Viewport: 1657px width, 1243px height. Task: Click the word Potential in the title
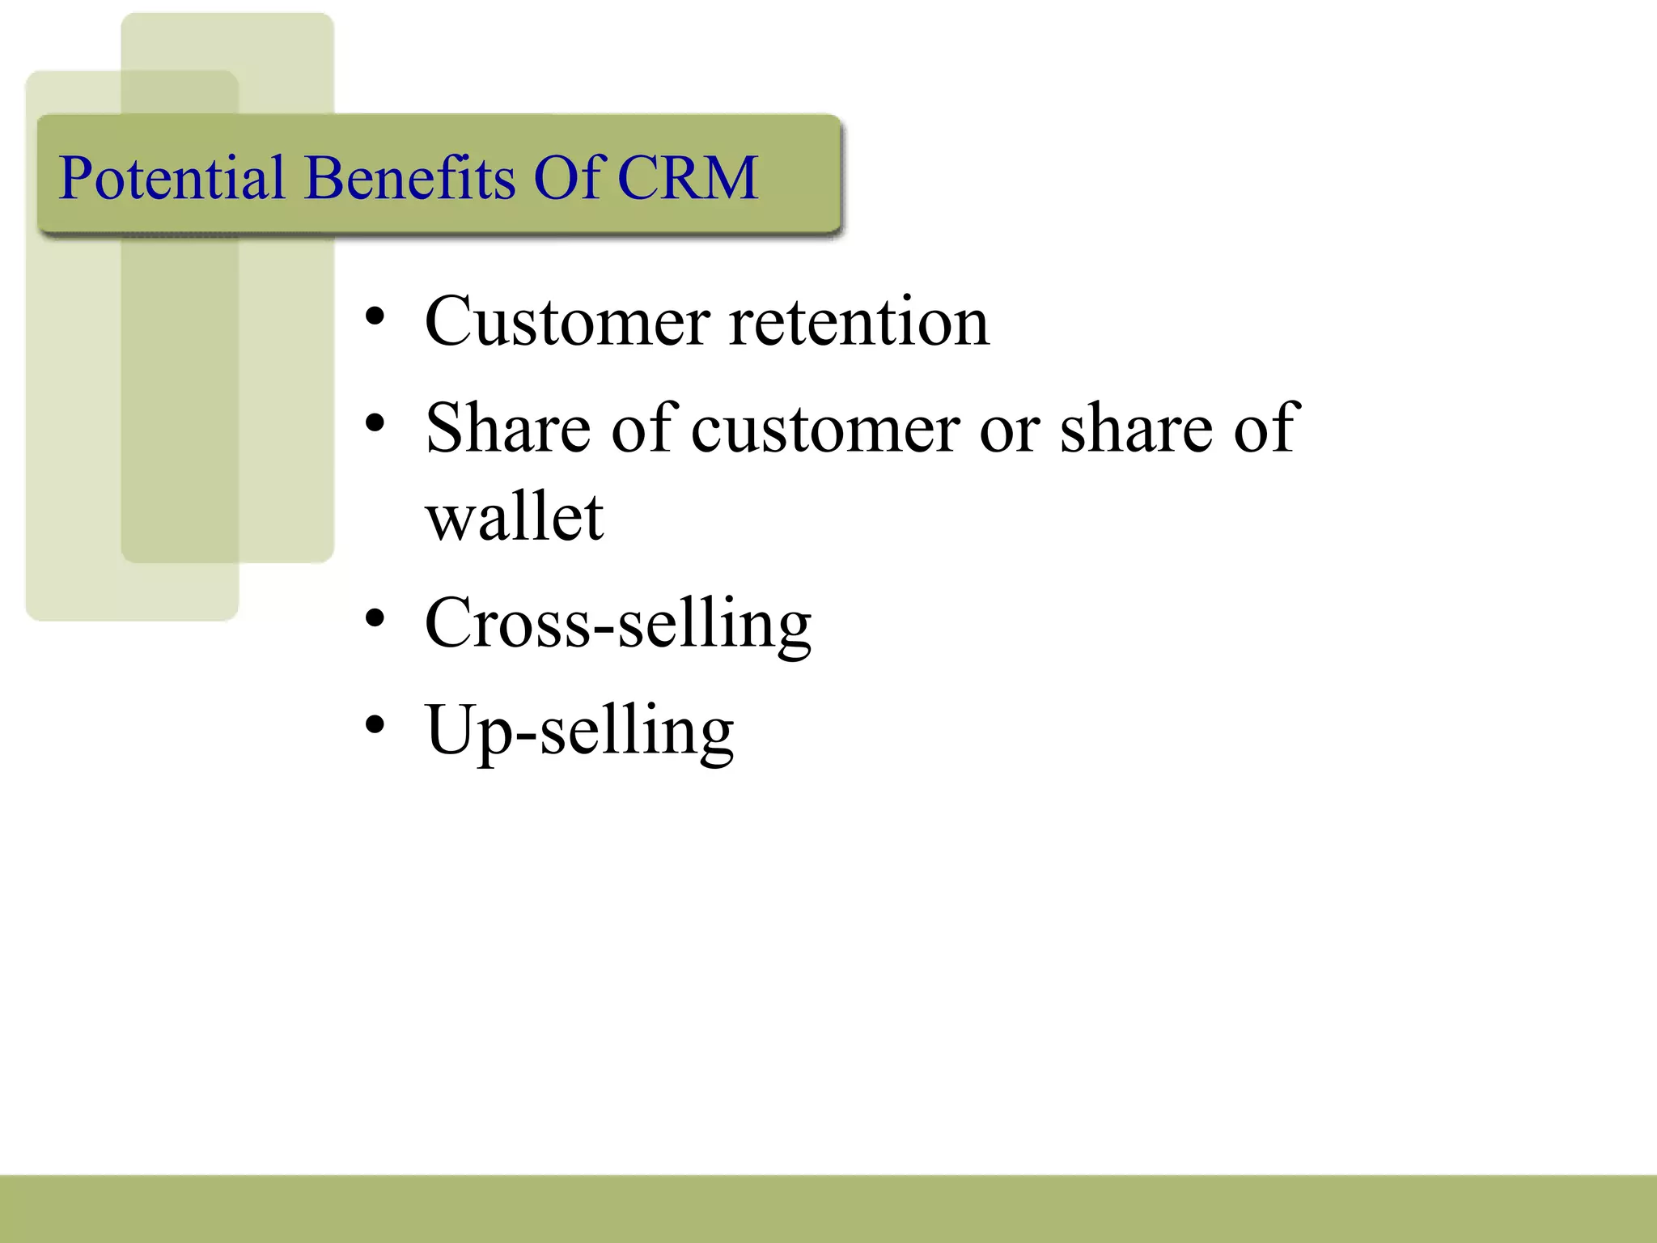click(x=172, y=177)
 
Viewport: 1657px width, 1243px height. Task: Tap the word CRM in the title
click(x=688, y=177)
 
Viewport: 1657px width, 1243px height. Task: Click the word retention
click(x=859, y=322)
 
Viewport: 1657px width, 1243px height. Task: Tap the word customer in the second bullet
click(x=826, y=429)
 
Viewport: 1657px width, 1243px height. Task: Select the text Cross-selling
click(x=618, y=624)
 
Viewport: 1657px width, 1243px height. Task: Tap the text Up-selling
click(x=579, y=731)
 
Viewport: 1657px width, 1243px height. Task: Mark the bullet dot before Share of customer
click(x=374, y=422)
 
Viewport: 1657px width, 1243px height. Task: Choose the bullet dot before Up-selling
click(x=374, y=725)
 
